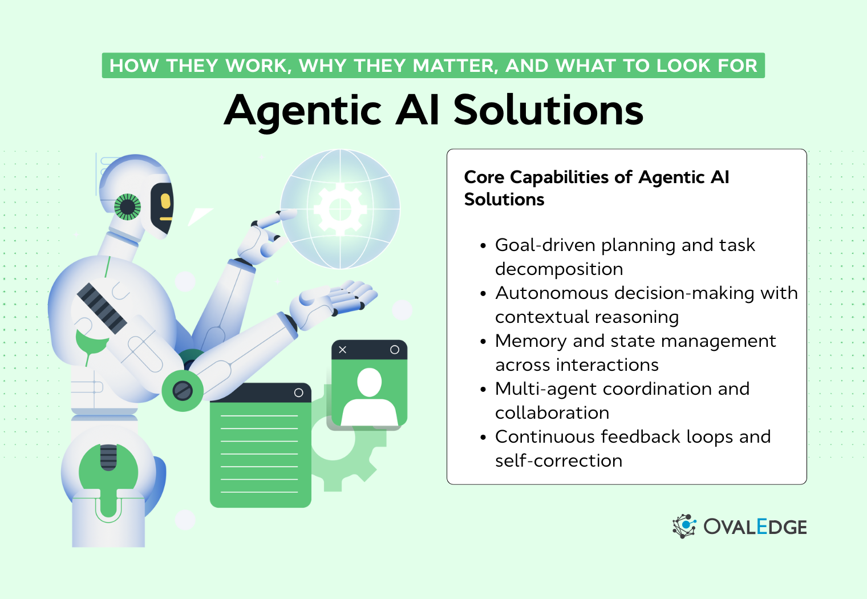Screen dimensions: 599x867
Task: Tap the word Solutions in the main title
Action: pos(548,110)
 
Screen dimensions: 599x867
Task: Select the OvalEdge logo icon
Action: pos(684,526)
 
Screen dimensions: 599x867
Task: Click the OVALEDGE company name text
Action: pos(755,527)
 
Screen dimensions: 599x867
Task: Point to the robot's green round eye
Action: pos(127,207)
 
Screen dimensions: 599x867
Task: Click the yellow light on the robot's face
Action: pos(165,201)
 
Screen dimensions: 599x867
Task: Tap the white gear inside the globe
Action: pos(340,209)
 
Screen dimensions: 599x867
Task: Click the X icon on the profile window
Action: pos(343,350)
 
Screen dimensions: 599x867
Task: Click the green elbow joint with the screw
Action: pos(183,391)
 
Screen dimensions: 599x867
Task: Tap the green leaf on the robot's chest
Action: pos(91,343)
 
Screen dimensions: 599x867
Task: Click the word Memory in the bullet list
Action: pos(531,341)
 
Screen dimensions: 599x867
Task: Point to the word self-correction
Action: pos(558,461)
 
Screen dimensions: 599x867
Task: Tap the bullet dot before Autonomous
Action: pos(483,294)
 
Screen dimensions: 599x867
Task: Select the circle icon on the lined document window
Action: pos(298,393)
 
